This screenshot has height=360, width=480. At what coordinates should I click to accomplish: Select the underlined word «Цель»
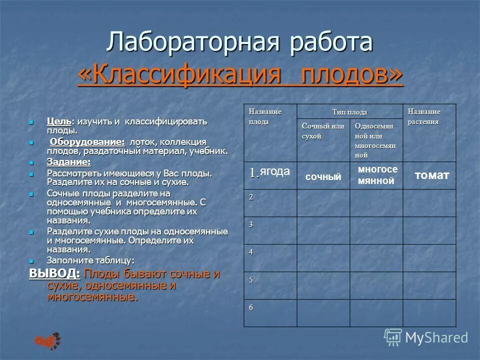point(58,121)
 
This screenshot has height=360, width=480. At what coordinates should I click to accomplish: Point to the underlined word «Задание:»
point(68,162)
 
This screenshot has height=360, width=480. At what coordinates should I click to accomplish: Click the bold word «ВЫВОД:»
point(54,274)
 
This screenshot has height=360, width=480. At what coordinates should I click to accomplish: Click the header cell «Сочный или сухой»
point(322,131)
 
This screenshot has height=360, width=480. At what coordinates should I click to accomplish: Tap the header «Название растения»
point(424,116)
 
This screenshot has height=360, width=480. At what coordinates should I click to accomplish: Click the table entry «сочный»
point(323,176)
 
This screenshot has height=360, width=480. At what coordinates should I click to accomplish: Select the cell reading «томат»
point(431,175)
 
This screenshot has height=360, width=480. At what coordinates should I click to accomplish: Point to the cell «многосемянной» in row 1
point(377,175)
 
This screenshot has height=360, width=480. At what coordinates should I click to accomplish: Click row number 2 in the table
point(251,196)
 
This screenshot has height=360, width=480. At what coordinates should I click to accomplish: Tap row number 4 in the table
point(251,251)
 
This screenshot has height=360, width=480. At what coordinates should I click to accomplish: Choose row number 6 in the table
point(251,306)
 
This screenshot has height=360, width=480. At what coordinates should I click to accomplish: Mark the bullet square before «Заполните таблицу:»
point(31,261)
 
